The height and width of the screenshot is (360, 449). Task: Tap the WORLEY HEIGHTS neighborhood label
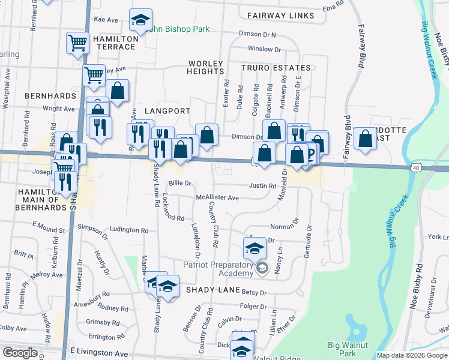pyautogui.click(x=206, y=67)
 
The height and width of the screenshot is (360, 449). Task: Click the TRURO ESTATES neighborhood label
pyautogui.click(x=276, y=68)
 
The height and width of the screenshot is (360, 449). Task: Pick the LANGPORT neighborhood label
pyautogui.click(x=167, y=111)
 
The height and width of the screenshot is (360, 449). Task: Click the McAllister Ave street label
pyautogui.click(x=217, y=197)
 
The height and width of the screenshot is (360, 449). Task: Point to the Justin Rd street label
pyautogui.click(x=262, y=186)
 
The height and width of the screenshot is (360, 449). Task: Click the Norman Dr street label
pyautogui.click(x=284, y=227)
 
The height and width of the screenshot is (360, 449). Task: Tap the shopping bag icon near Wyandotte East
pyautogui.click(x=365, y=139)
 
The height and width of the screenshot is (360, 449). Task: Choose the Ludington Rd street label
pyautogui.click(x=129, y=230)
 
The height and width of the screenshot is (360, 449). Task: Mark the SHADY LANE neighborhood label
pyautogui.click(x=209, y=289)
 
